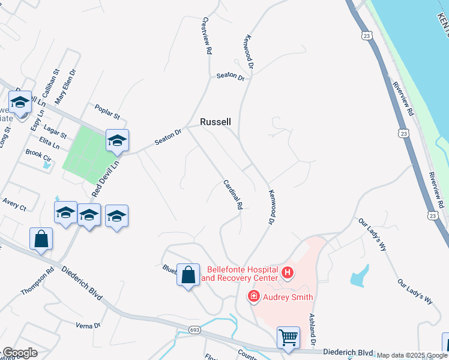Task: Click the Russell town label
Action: [215, 122]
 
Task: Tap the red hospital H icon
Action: [288, 274]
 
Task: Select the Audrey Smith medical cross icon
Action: [254, 296]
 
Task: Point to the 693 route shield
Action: [194, 329]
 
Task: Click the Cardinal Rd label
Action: [232, 194]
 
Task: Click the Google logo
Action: [19, 353]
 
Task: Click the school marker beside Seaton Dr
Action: [117, 140]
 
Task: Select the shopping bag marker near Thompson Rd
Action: [41, 239]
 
